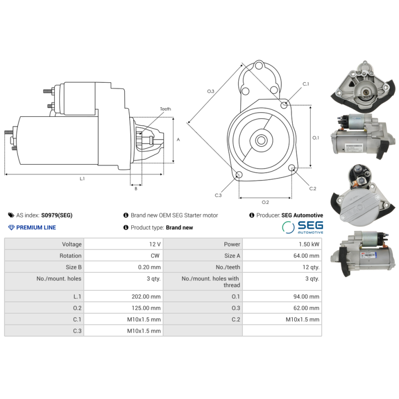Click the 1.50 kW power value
309,244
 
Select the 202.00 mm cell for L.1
146,296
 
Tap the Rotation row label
70,256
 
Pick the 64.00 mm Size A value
306,256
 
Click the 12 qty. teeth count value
311,267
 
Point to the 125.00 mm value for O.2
146,308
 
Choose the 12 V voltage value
155,244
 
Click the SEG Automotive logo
303,227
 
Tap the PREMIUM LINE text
36,227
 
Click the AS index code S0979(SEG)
57,215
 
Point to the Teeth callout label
166,109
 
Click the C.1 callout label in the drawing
306,84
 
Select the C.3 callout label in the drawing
218,195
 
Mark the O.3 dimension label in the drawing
210,91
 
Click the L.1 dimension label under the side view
82,179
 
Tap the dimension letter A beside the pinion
178,140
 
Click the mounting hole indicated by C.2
292,168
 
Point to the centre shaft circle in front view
261,140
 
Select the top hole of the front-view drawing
259,66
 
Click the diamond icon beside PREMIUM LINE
11,227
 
